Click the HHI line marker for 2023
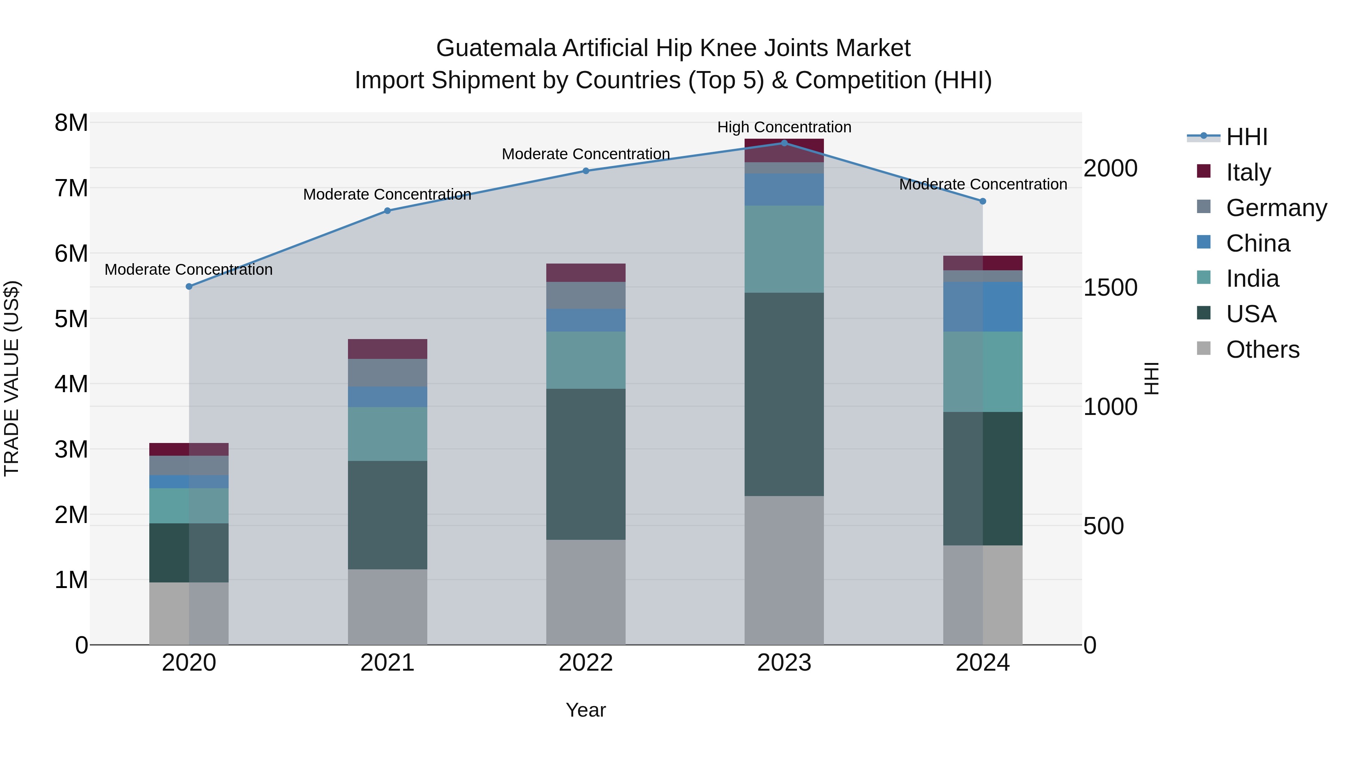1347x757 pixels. click(784, 143)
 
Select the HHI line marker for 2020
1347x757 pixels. click(189, 286)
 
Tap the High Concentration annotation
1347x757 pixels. click(784, 127)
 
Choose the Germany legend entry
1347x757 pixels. click(1276, 207)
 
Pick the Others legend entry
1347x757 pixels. click(1262, 349)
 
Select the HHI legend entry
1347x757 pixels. click(1247, 137)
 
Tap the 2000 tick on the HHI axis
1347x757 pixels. click(1110, 168)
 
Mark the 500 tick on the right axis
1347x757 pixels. click(1103, 526)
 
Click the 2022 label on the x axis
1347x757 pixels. click(586, 663)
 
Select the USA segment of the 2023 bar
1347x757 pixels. click(784, 394)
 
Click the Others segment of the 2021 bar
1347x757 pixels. click(388, 607)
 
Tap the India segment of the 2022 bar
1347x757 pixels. click(586, 360)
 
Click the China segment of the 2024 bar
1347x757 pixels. click(983, 307)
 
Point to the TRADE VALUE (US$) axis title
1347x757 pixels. click(12, 378)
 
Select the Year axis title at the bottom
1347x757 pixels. click(586, 710)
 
